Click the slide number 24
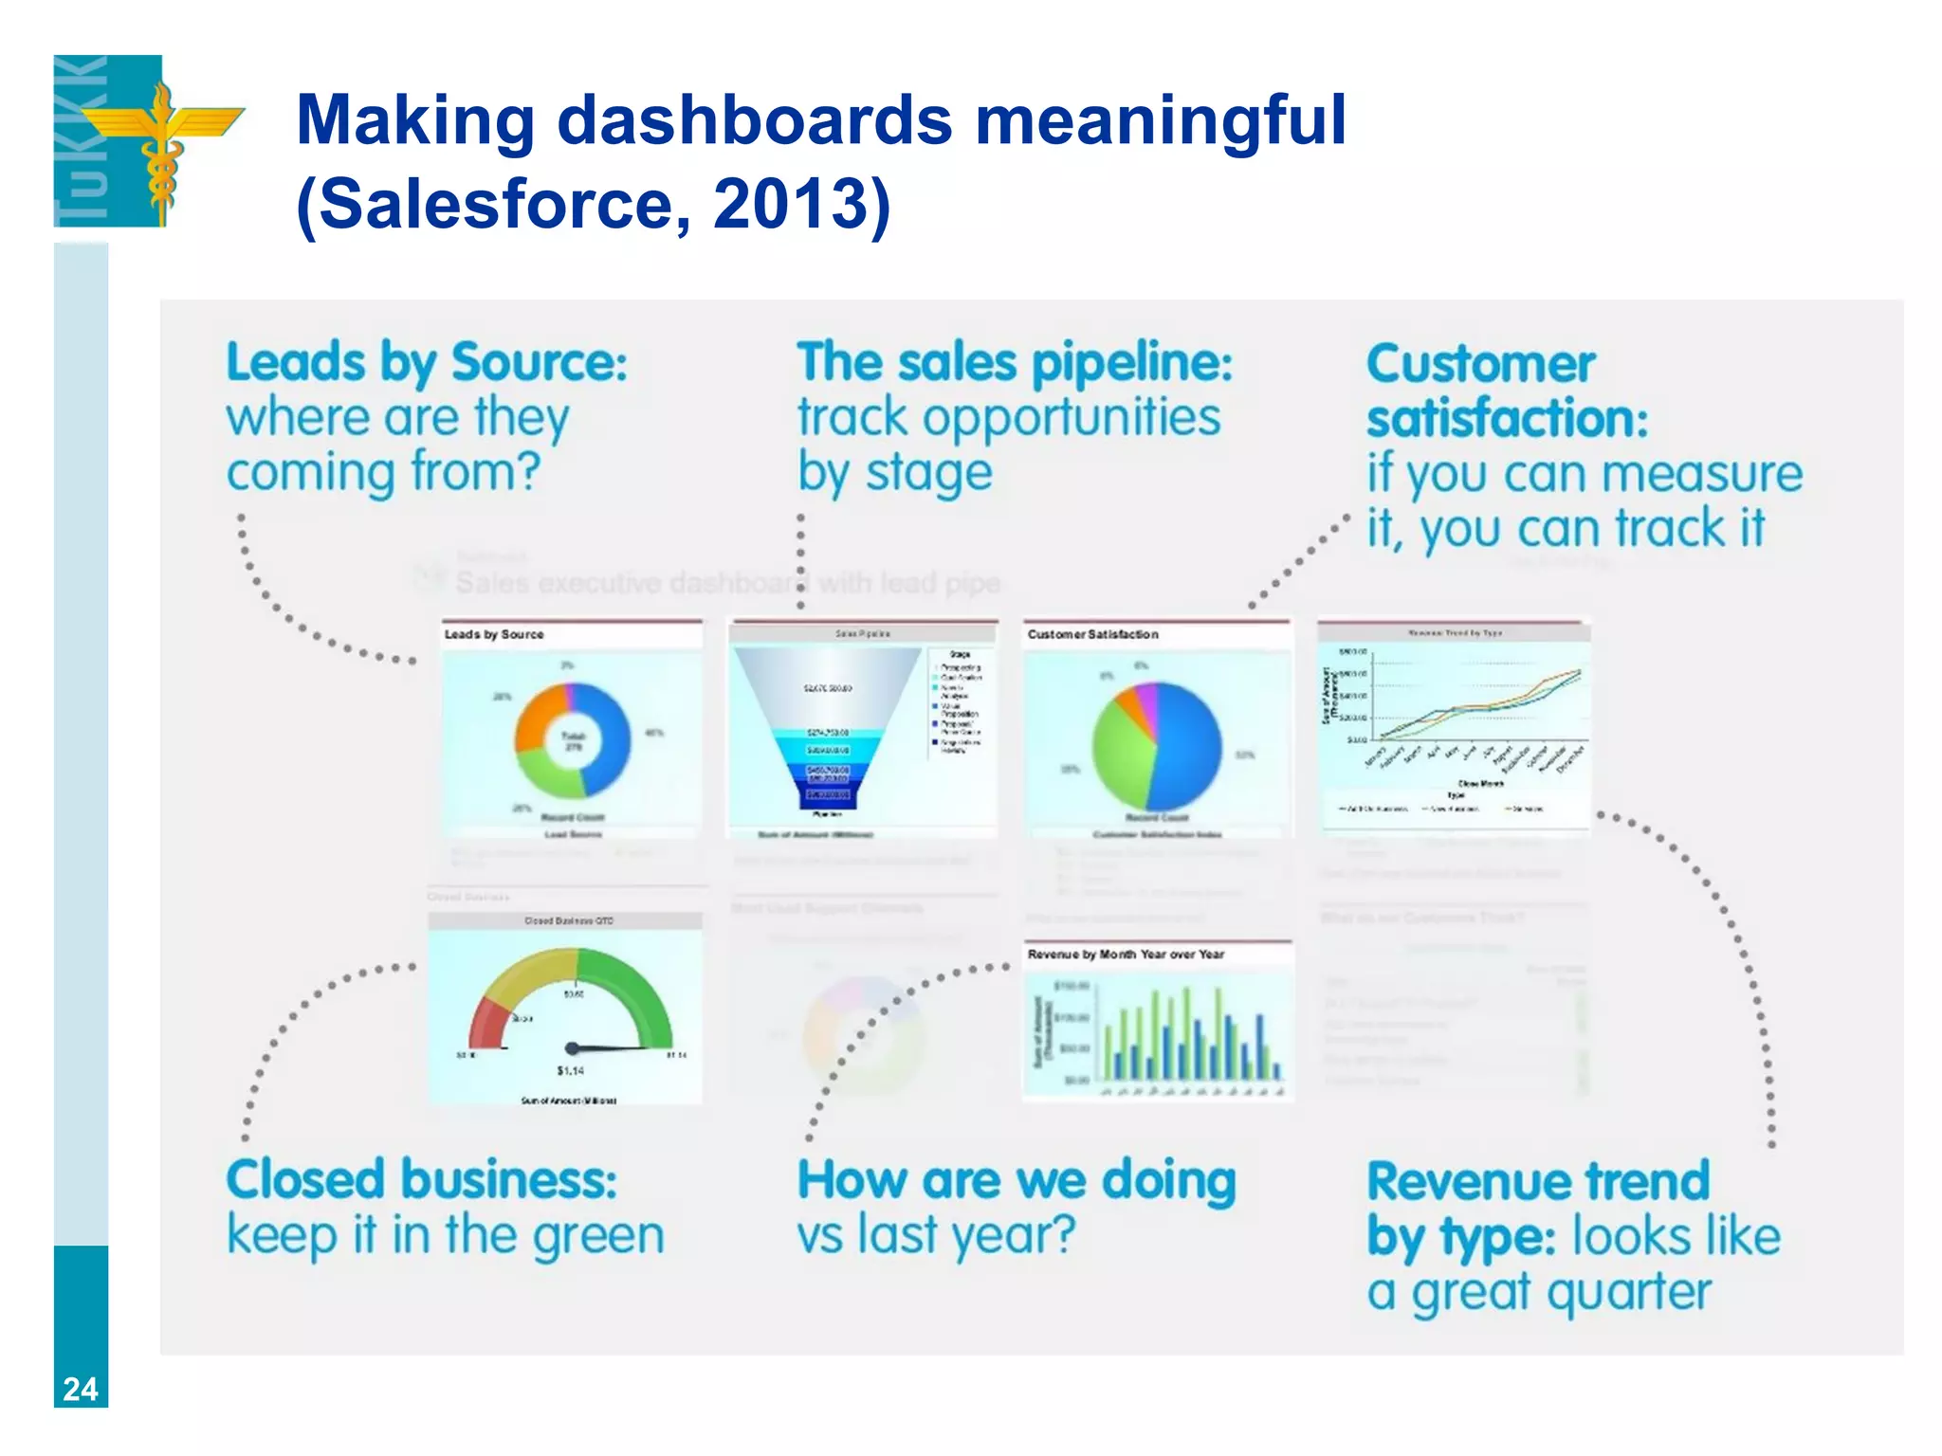point(81,1389)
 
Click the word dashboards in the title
point(754,120)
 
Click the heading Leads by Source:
point(427,363)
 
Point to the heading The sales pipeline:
point(1015,363)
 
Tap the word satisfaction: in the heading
point(1507,419)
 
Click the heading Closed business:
point(422,1180)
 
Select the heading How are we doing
point(1017,1180)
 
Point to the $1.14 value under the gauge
point(570,1071)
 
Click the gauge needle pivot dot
point(572,1048)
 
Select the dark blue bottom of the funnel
point(827,794)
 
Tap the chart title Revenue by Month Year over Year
point(1126,955)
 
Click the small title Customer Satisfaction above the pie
point(1092,634)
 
